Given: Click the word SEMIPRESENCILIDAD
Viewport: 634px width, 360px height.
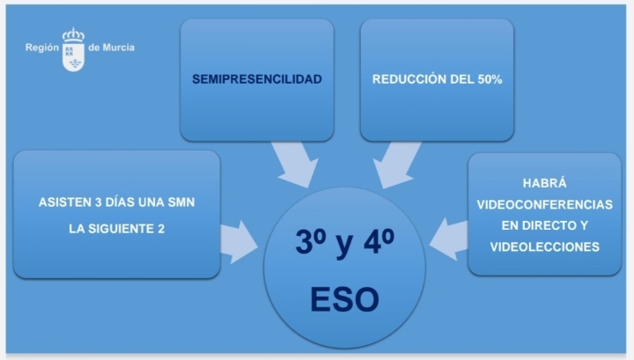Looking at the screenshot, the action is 257,79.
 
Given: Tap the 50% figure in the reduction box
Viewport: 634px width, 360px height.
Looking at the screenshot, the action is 490,79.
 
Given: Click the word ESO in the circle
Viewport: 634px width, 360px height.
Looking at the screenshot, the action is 345,299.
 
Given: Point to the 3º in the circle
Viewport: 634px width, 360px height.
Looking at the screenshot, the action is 311,241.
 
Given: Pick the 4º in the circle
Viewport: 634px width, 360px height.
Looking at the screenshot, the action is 379,241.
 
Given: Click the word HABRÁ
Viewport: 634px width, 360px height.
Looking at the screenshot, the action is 545,183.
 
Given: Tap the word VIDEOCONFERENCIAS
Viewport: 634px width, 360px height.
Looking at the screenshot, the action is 545,204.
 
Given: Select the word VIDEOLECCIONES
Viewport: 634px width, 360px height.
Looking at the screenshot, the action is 545,246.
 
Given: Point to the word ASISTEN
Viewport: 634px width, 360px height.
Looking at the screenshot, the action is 64,202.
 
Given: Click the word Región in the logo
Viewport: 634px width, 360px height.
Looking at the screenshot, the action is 42,48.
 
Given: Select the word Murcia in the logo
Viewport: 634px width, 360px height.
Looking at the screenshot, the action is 119,48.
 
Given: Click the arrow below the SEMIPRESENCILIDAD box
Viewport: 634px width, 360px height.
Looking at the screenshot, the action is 296,165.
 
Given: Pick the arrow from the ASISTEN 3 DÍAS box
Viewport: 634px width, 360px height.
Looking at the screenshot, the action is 240,242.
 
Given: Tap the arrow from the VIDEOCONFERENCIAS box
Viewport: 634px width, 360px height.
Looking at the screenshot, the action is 448,239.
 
